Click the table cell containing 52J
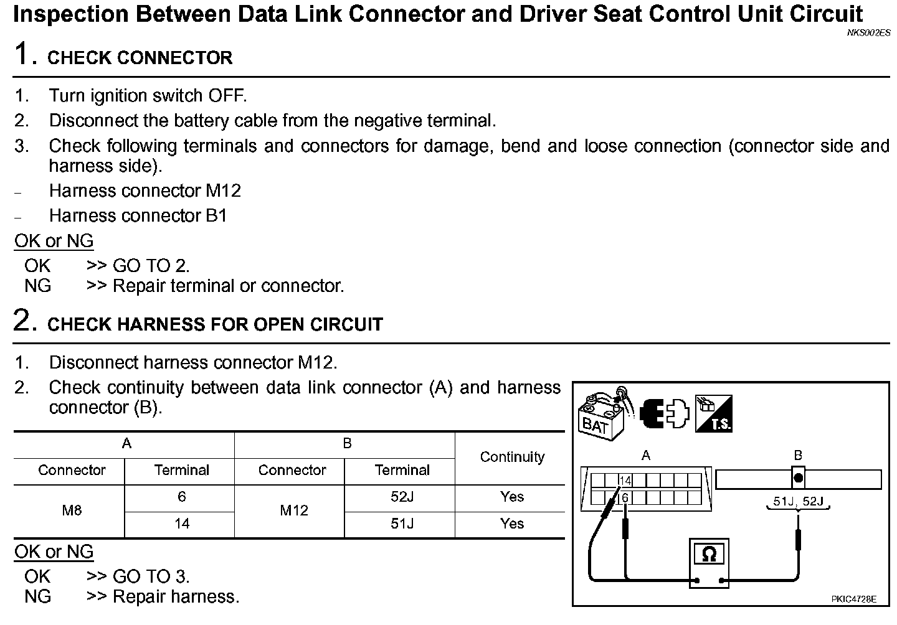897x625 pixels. [x=402, y=497]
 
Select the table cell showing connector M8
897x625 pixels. [x=72, y=510]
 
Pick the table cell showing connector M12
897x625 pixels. [x=293, y=510]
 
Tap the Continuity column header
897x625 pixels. [x=512, y=457]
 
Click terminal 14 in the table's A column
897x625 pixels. [x=181, y=524]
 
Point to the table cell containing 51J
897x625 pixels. [x=402, y=524]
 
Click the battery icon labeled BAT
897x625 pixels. [x=602, y=413]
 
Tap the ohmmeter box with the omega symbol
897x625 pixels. [x=708, y=553]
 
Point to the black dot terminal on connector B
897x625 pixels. [x=798, y=479]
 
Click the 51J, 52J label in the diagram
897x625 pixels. [x=798, y=501]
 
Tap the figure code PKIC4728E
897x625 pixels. [x=853, y=599]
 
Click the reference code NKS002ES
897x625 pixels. [x=868, y=33]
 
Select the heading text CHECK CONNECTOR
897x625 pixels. [x=140, y=58]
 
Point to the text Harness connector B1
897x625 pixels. [x=138, y=215]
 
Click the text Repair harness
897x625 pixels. [x=176, y=596]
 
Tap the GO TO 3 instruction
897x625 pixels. [x=151, y=576]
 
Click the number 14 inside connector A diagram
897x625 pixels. [x=625, y=481]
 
